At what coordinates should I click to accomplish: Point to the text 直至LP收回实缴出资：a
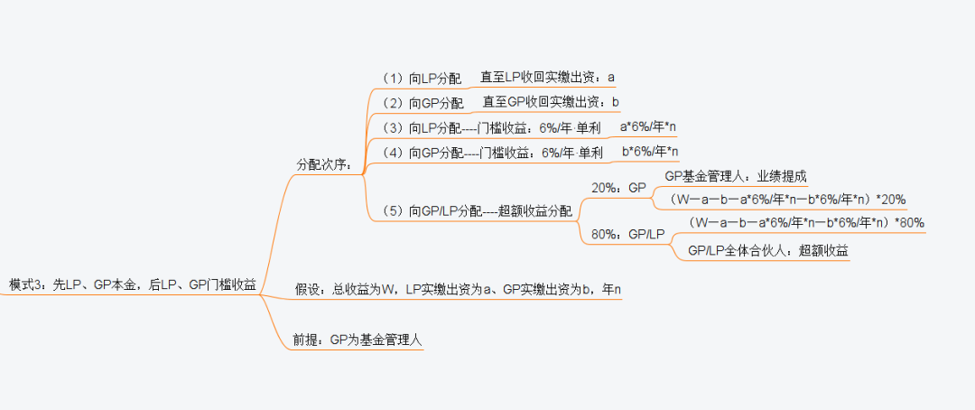[x=547, y=77]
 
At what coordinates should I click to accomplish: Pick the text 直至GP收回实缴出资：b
[x=551, y=102]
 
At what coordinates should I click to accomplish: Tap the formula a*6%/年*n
[x=648, y=126]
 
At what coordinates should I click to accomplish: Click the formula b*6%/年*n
[x=650, y=151]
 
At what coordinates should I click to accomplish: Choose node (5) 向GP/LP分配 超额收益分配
[x=478, y=211]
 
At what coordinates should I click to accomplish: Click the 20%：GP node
[x=619, y=188]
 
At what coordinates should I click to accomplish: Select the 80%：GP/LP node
[x=628, y=235]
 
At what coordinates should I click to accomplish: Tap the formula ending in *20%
[x=785, y=199]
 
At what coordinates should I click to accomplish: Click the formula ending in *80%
[x=806, y=222]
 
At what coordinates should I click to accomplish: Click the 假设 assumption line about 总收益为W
[x=460, y=290]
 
